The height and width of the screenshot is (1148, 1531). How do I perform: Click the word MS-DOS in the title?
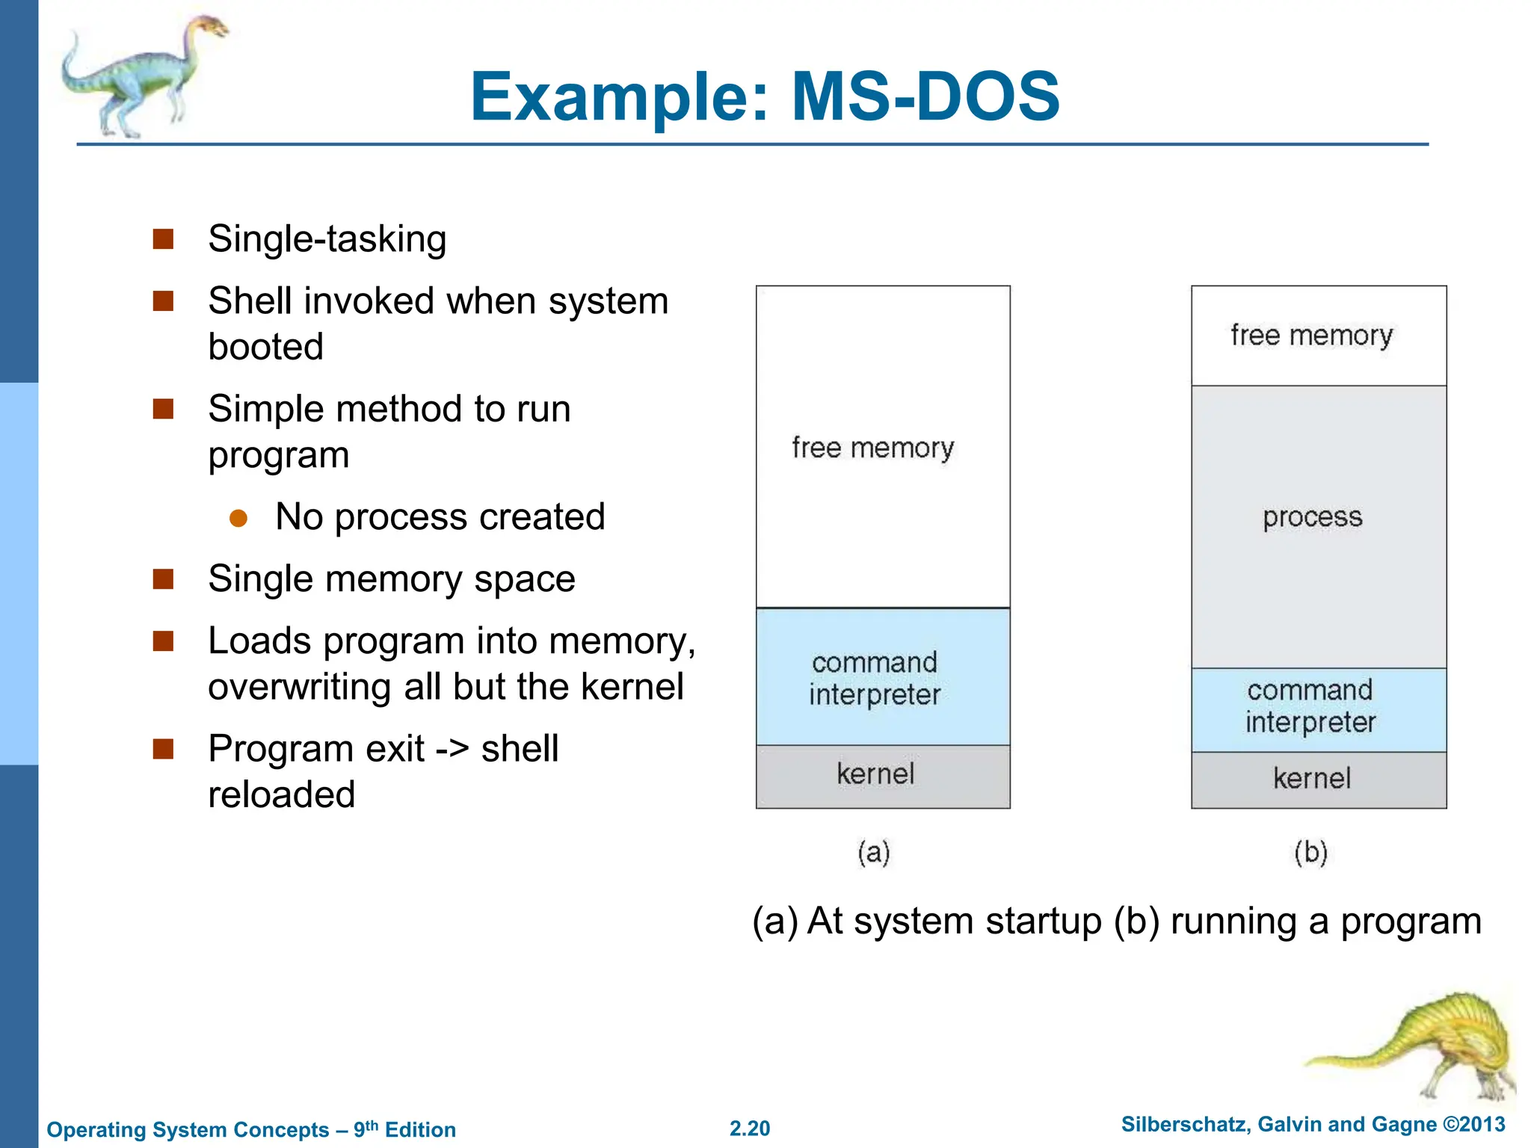click(925, 97)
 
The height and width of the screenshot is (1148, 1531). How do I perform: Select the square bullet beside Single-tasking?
click(163, 239)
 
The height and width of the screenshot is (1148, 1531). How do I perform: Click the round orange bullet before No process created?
click(238, 519)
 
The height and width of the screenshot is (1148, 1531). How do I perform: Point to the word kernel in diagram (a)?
click(875, 774)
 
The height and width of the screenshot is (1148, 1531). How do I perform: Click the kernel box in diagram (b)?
click(1318, 780)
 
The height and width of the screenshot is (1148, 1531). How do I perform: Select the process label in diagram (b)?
click(1312, 517)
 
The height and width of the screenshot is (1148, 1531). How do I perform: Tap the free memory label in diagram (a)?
click(873, 448)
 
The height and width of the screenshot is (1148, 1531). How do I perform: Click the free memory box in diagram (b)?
click(1318, 336)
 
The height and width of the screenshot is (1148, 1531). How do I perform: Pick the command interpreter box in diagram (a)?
click(882, 677)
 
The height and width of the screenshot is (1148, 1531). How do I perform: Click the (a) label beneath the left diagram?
click(873, 852)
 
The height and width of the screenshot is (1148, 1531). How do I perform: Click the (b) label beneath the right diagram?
click(1310, 852)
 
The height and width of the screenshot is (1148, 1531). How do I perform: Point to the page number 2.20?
click(750, 1129)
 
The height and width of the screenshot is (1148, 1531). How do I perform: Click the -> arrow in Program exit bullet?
click(452, 750)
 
